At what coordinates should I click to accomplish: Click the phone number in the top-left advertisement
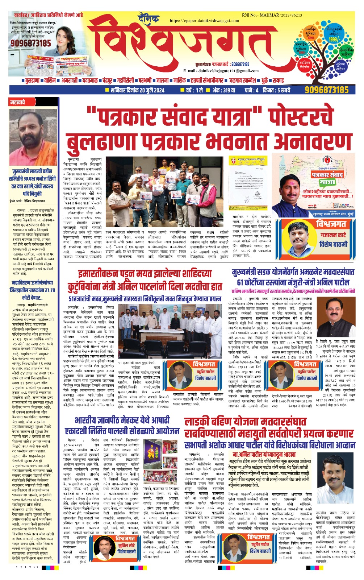(31, 43)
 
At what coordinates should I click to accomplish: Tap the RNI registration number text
(272, 15)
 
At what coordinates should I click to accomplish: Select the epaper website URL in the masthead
(204, 21)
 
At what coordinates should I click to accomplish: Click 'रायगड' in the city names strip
(278, 80)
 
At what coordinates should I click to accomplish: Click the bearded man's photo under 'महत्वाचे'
(33, 136)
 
